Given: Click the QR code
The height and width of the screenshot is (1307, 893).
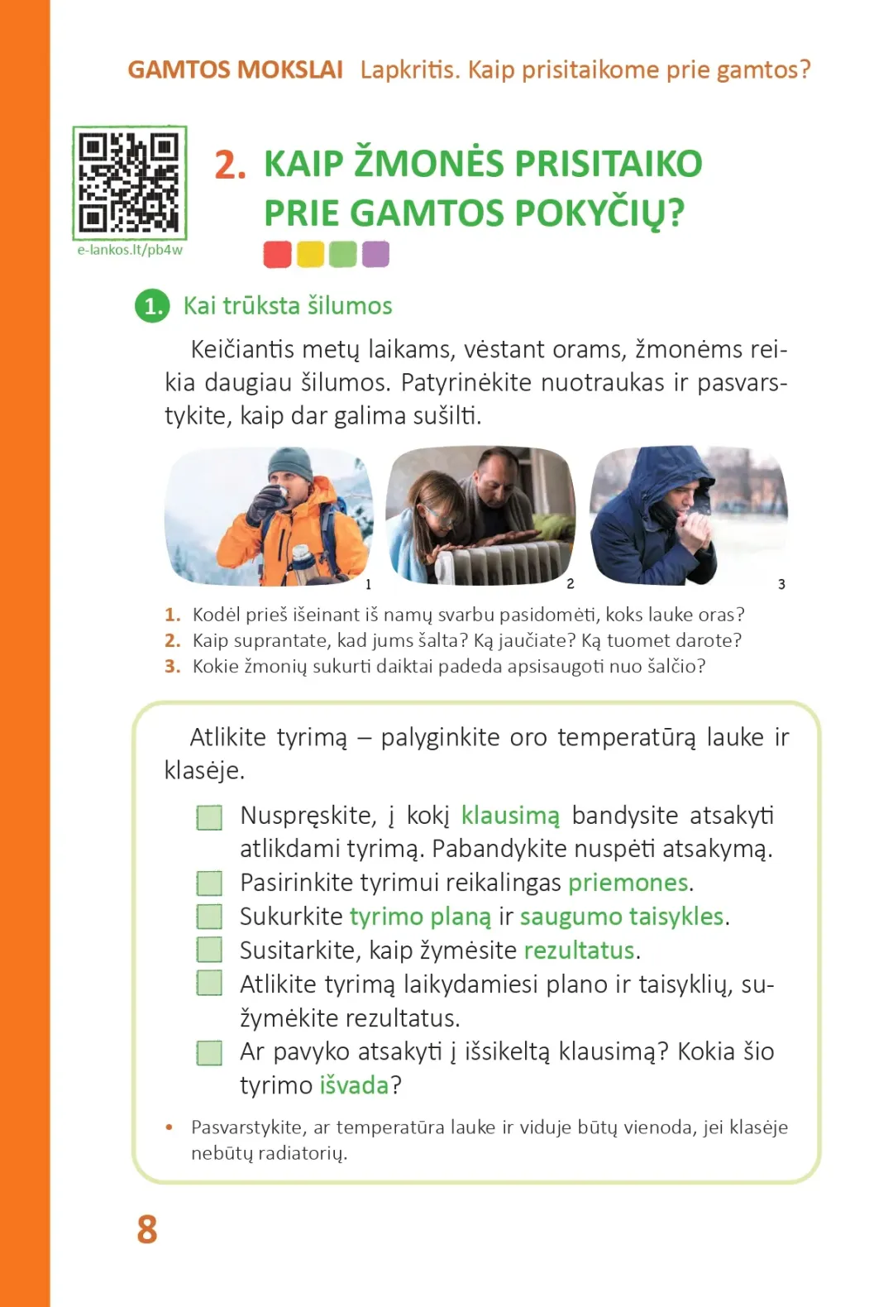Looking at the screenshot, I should click(129, 182).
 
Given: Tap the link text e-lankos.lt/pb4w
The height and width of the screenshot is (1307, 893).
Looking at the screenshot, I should click(130, 250).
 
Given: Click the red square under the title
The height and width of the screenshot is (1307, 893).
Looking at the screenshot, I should click(277, 254).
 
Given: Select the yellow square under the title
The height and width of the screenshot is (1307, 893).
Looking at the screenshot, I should click(310, 254).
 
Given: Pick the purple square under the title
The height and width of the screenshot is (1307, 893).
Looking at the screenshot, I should click(375, 254).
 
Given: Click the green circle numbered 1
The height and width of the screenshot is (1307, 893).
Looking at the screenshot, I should click(152, 306).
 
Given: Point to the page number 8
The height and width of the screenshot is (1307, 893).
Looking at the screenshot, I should click(147, 1230).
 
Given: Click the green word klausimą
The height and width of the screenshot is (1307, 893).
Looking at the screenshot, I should click(510, 816).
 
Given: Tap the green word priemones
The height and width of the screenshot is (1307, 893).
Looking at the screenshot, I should click(628, 883).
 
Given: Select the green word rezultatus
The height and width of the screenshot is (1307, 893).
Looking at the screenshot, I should click(579, 950).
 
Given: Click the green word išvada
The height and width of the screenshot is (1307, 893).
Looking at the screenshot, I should click(354, 1085).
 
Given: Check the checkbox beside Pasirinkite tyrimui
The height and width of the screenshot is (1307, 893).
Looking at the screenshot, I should click(209, 883).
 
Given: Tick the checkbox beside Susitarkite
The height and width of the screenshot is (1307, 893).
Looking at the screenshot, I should click(209, 950).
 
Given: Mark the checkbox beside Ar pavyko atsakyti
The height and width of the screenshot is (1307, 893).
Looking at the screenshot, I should click(209, 1052).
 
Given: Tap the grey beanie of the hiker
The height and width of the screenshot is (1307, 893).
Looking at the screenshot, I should click(290, 464).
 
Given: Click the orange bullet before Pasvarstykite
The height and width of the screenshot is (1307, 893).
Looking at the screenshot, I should click(170, 1127).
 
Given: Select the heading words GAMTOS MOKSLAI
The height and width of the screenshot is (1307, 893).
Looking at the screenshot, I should click(235, 69).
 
